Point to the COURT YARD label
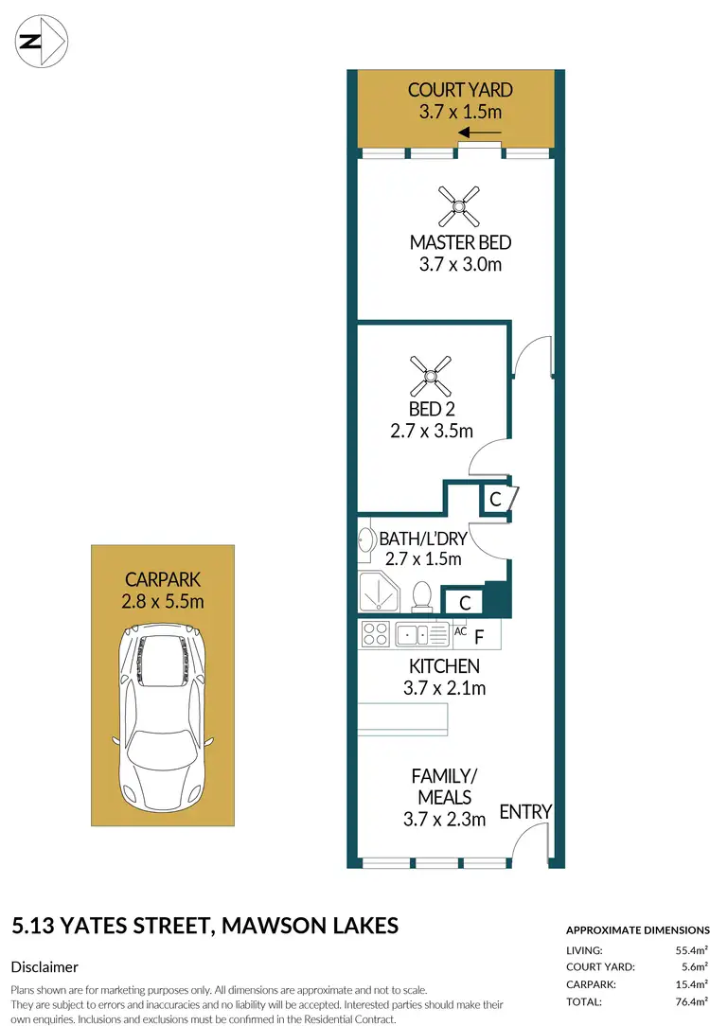click(460, 90)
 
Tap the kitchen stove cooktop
click(375, 634)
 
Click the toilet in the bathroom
click(422, 595)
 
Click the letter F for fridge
click(479, 636)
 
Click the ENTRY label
click(524, 811)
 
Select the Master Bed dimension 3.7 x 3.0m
click(460, 264)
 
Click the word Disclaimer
click(44, 966)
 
